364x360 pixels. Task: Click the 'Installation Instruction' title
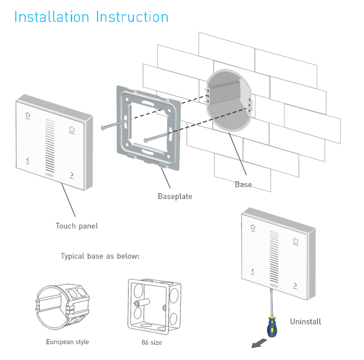tap(91, 16)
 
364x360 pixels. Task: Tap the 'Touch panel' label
tap(77, 226)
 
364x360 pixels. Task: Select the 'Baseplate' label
tap(175, 196)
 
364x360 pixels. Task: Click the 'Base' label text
tap(243, 184)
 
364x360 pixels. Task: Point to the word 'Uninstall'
tap(305, 321)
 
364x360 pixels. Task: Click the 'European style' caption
tap(67, 342)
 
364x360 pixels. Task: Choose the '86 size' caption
tap(152, 343)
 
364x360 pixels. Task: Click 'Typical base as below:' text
tap(100, 256)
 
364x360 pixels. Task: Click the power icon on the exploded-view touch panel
tap(72, 129)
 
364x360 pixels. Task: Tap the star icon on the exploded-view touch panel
tap(27, 115)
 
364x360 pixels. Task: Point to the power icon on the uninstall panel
tap(295, 240)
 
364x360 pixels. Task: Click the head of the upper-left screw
tap(103, 128)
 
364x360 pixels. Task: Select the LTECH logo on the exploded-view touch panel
tap(49, 172)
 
